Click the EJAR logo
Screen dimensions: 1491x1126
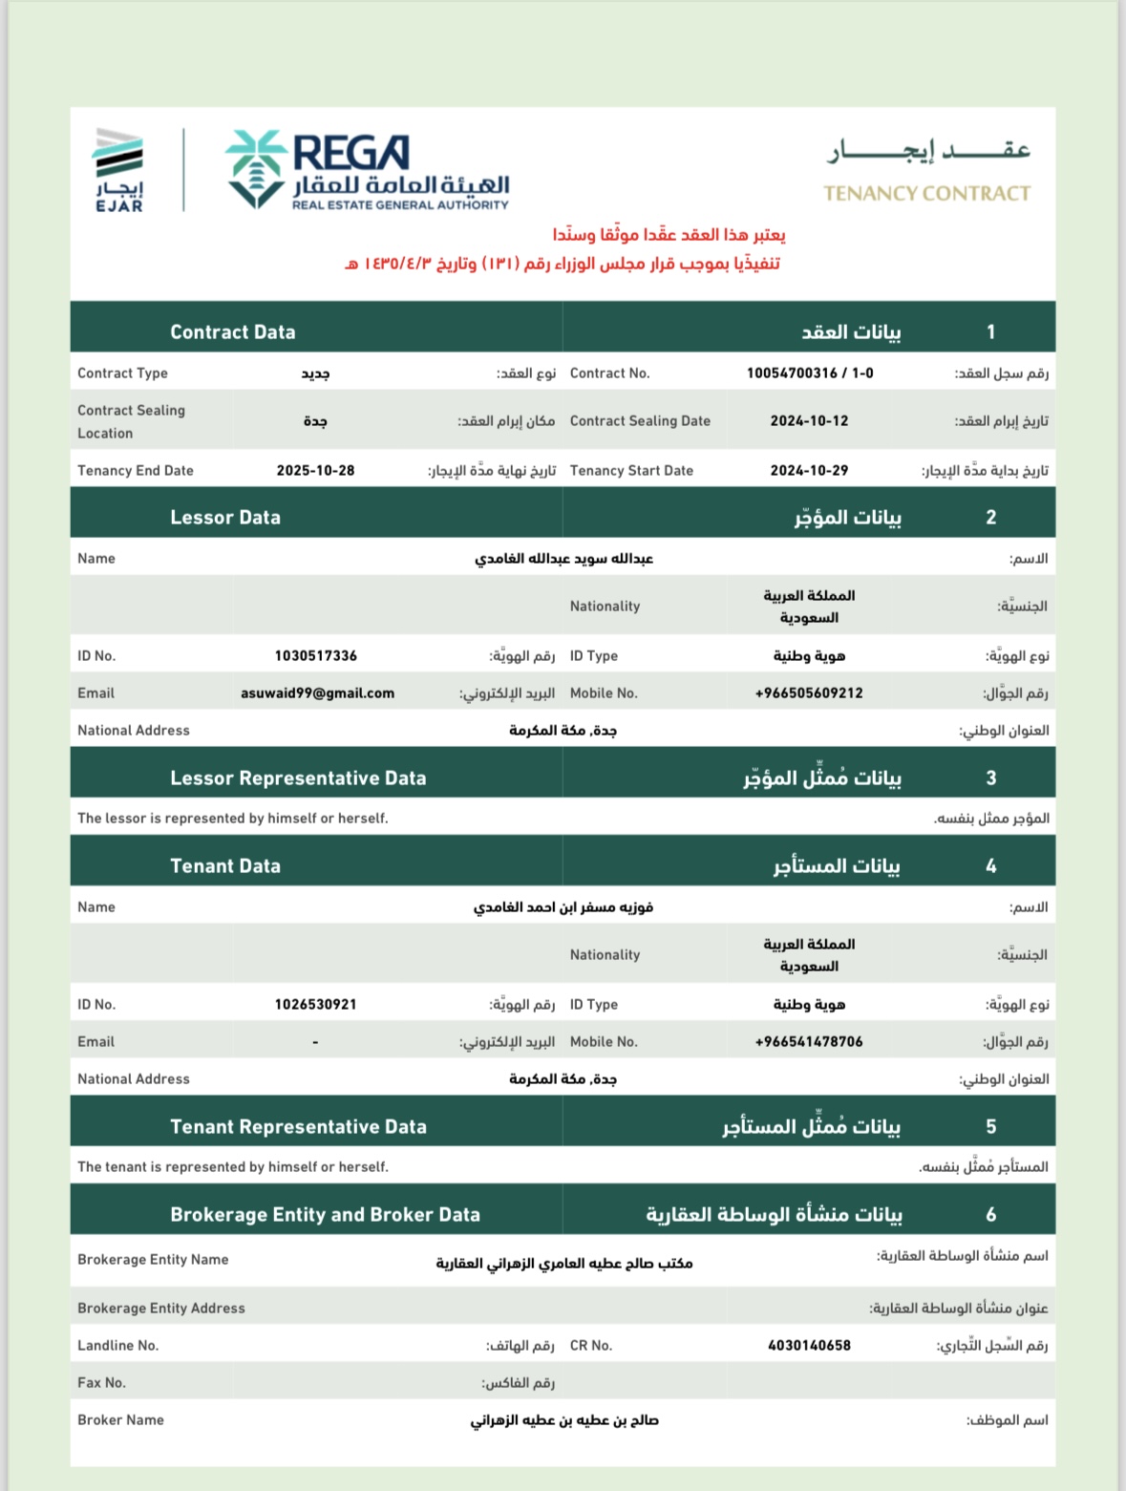tap(119, 170)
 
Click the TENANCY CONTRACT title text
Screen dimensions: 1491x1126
tap(926, 194)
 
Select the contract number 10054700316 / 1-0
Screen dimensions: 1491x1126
tap(810, 373)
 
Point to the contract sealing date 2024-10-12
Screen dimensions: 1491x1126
tap(809, 421)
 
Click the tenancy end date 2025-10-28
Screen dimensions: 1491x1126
tap(315, 471)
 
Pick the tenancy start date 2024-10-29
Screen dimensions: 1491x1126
tap(809, 471)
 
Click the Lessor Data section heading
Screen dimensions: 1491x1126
tap(225, 518)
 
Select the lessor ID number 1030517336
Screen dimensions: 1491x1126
tap(315, 656)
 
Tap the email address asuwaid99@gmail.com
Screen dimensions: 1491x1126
tap(317, 693)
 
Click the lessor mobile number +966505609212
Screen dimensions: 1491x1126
tap(809, 693)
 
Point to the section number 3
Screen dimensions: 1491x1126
tap(990, 778)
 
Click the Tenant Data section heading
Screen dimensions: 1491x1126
tap(225, 866)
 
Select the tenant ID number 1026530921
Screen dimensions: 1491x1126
tap(315, 1005)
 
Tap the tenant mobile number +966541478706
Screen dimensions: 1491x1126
tap(809, 1042)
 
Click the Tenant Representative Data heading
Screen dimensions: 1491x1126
tap(298, 1127)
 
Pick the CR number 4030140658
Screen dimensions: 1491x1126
tap(809, 1346)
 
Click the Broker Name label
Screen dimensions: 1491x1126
tap(120, 1420)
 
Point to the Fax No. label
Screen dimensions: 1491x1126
tap(101, 1383)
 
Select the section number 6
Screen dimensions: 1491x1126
tap(990, 1215)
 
